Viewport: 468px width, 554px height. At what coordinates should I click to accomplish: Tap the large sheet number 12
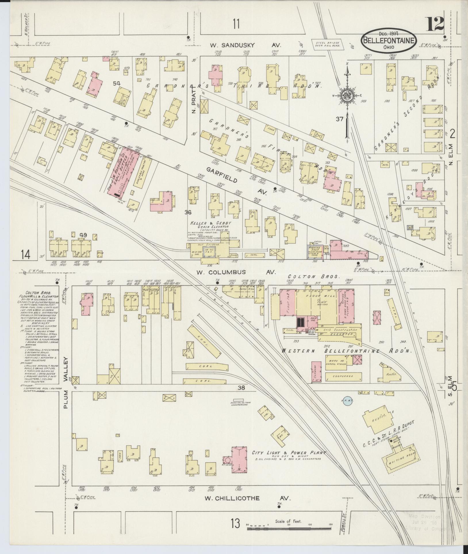tap(435, 24)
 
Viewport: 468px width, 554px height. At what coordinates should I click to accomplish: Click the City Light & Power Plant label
tap(288, 453)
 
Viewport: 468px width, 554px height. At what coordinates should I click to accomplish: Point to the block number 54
tap(116, 83)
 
